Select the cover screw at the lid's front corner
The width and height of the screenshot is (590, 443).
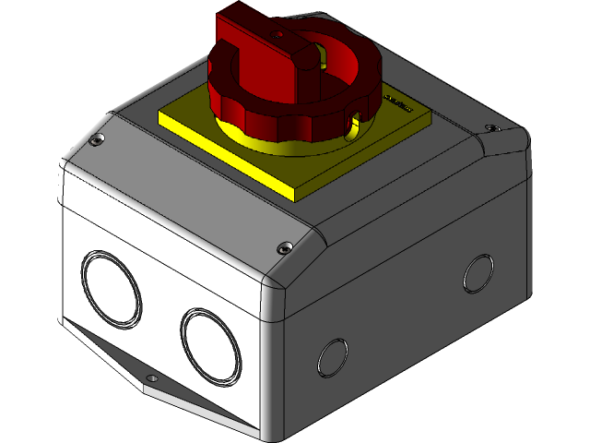284,246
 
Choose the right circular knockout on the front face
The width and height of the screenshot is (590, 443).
211,344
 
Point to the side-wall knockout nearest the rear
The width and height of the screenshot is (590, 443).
478,273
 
